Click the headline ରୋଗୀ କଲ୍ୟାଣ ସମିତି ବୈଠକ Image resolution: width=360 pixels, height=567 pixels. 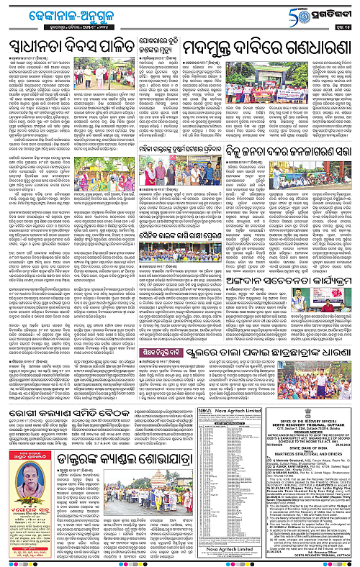pos(89,419)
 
